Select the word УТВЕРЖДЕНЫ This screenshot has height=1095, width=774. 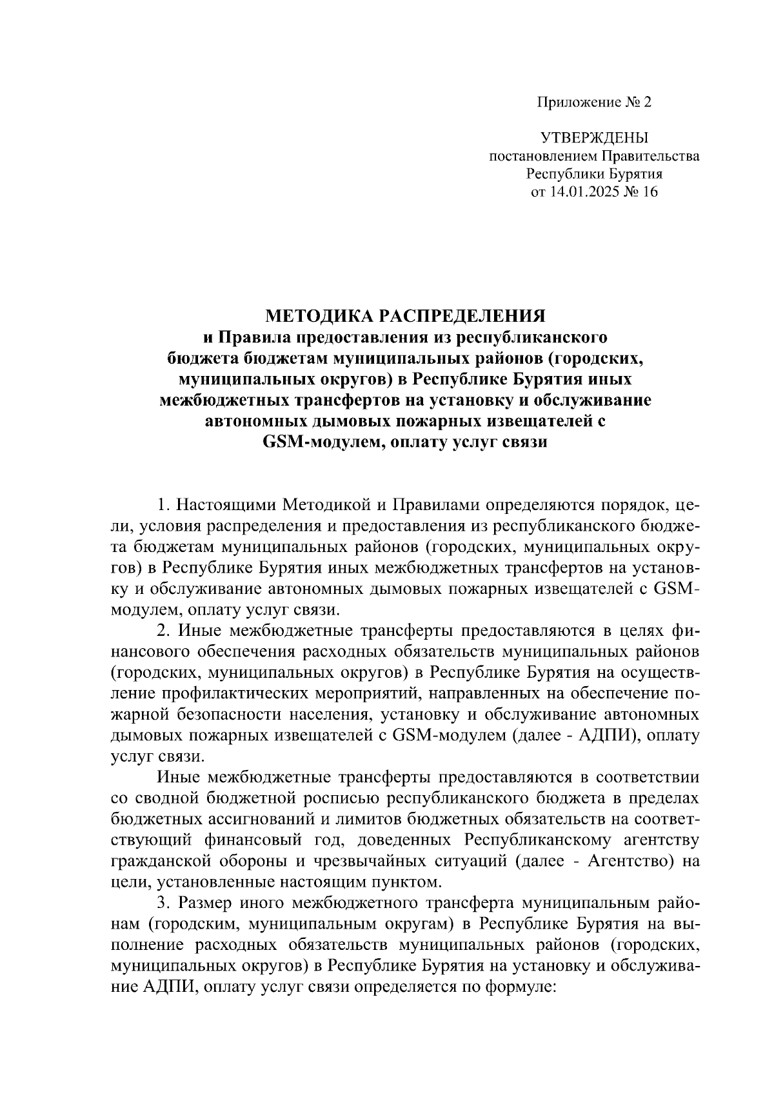coord(594,137)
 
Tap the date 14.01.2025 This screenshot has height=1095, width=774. coord(583,192)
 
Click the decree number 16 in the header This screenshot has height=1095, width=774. coord(650,192)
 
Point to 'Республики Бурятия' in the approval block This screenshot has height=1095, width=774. coord(594,174)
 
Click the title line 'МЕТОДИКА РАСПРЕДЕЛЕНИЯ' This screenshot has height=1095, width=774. coord(405,316)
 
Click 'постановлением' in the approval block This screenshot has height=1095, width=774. coord(544,156)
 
